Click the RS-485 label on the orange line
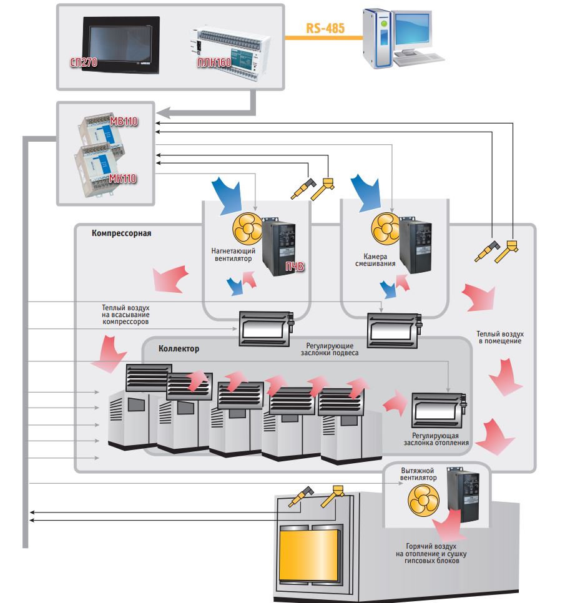click(x=325, y=28)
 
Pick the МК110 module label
click(x=123, y=179)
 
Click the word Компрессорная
click(x=122, y=234)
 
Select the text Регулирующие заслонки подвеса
click(x=332, y=349)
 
